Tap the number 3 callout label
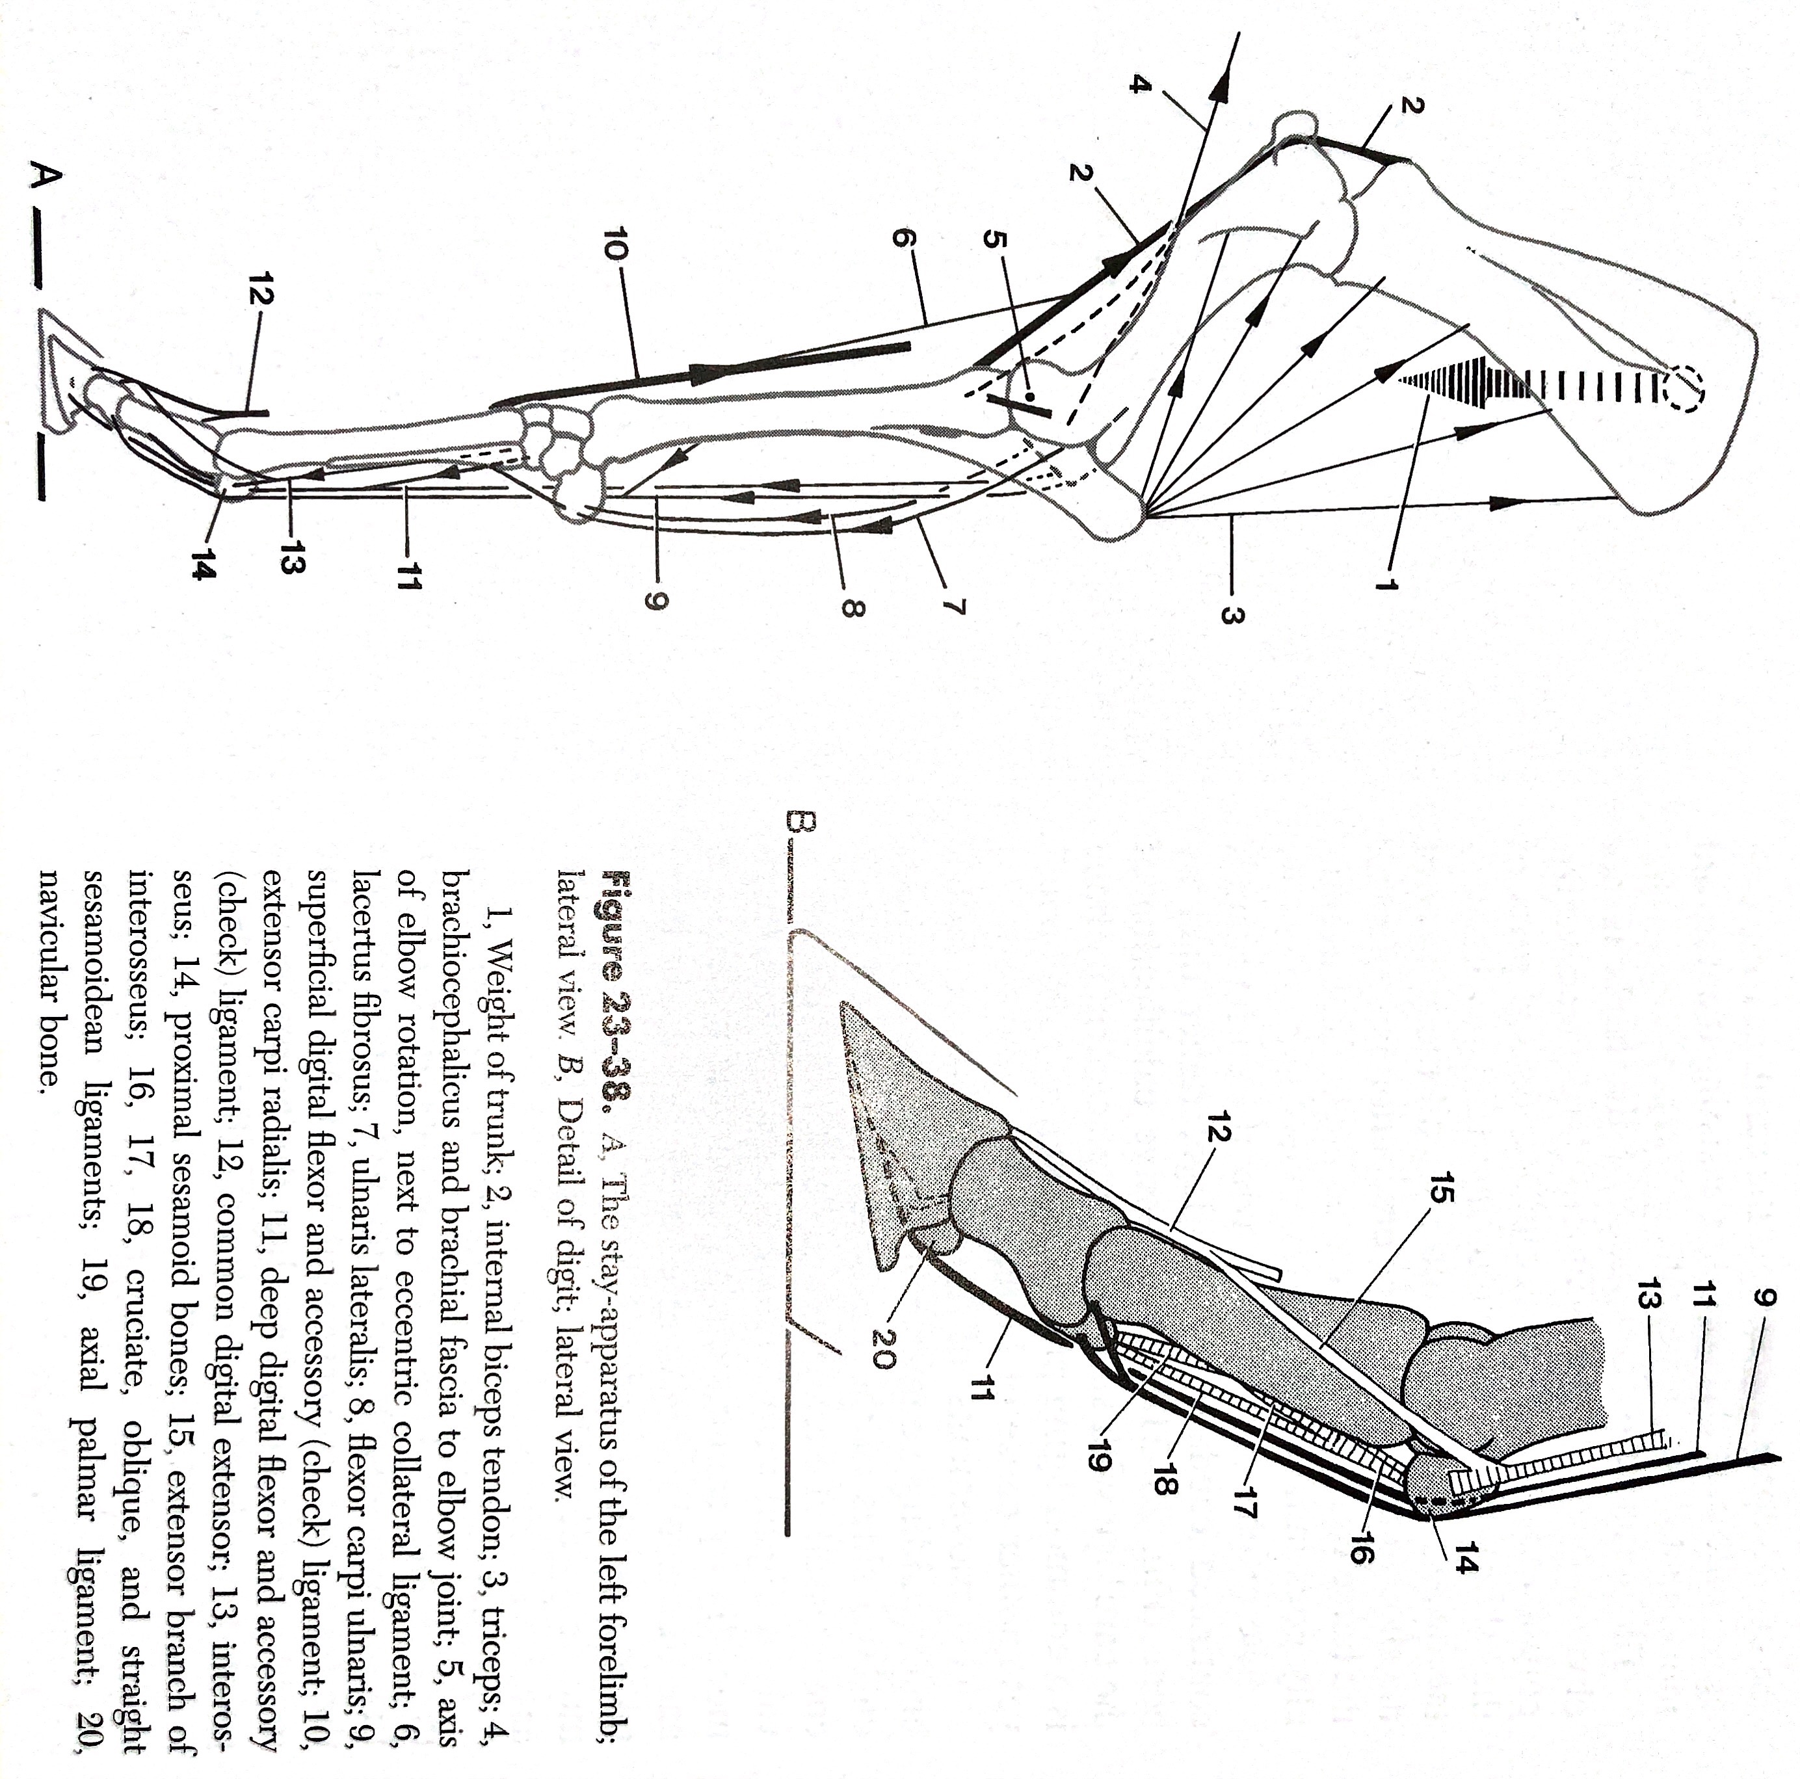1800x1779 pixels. (x=1230, y=616)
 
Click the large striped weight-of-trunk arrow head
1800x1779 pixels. (x=1453, y=384)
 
